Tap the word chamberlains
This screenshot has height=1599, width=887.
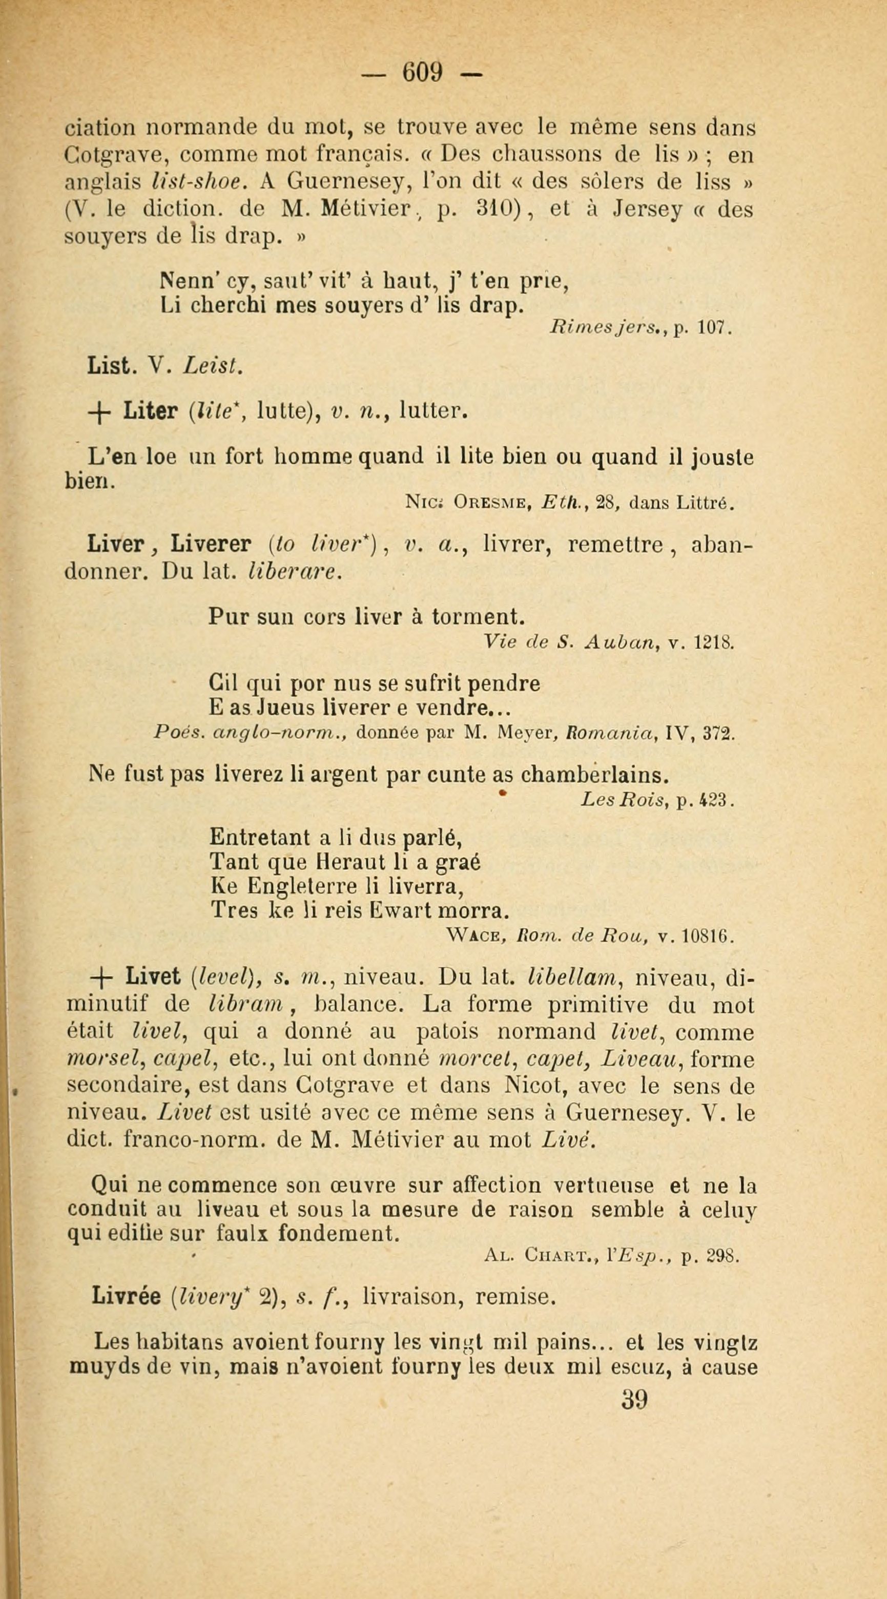(594, 775)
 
